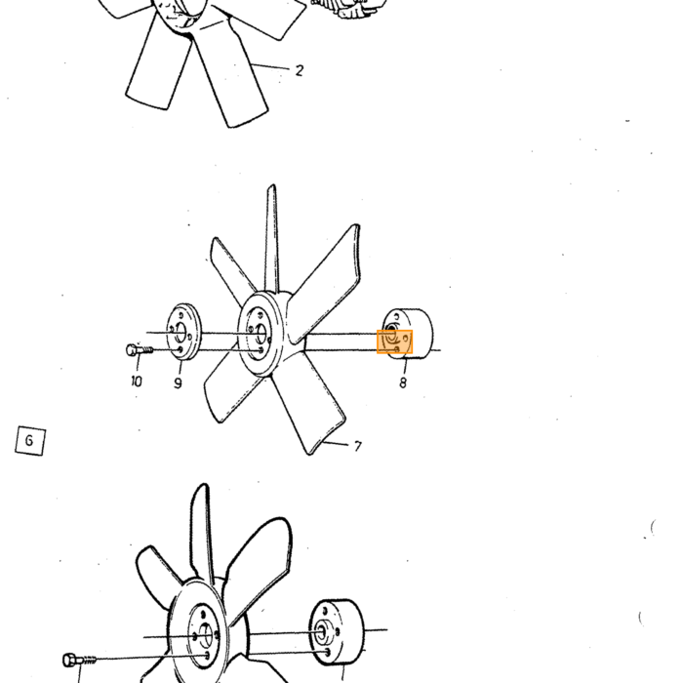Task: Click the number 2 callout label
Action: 299,70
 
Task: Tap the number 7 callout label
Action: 358,447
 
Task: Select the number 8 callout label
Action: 403,382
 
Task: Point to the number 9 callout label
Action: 178,382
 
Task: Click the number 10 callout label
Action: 137,382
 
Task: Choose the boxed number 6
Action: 30,441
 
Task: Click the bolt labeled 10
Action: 140,349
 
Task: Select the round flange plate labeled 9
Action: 183,332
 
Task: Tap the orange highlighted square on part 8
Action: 394,341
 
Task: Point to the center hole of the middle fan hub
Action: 261,334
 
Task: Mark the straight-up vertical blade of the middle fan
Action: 272,238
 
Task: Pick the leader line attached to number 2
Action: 270,66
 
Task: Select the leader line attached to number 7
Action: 336,443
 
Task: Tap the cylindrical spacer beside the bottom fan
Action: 338,632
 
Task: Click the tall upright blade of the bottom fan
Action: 203,533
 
